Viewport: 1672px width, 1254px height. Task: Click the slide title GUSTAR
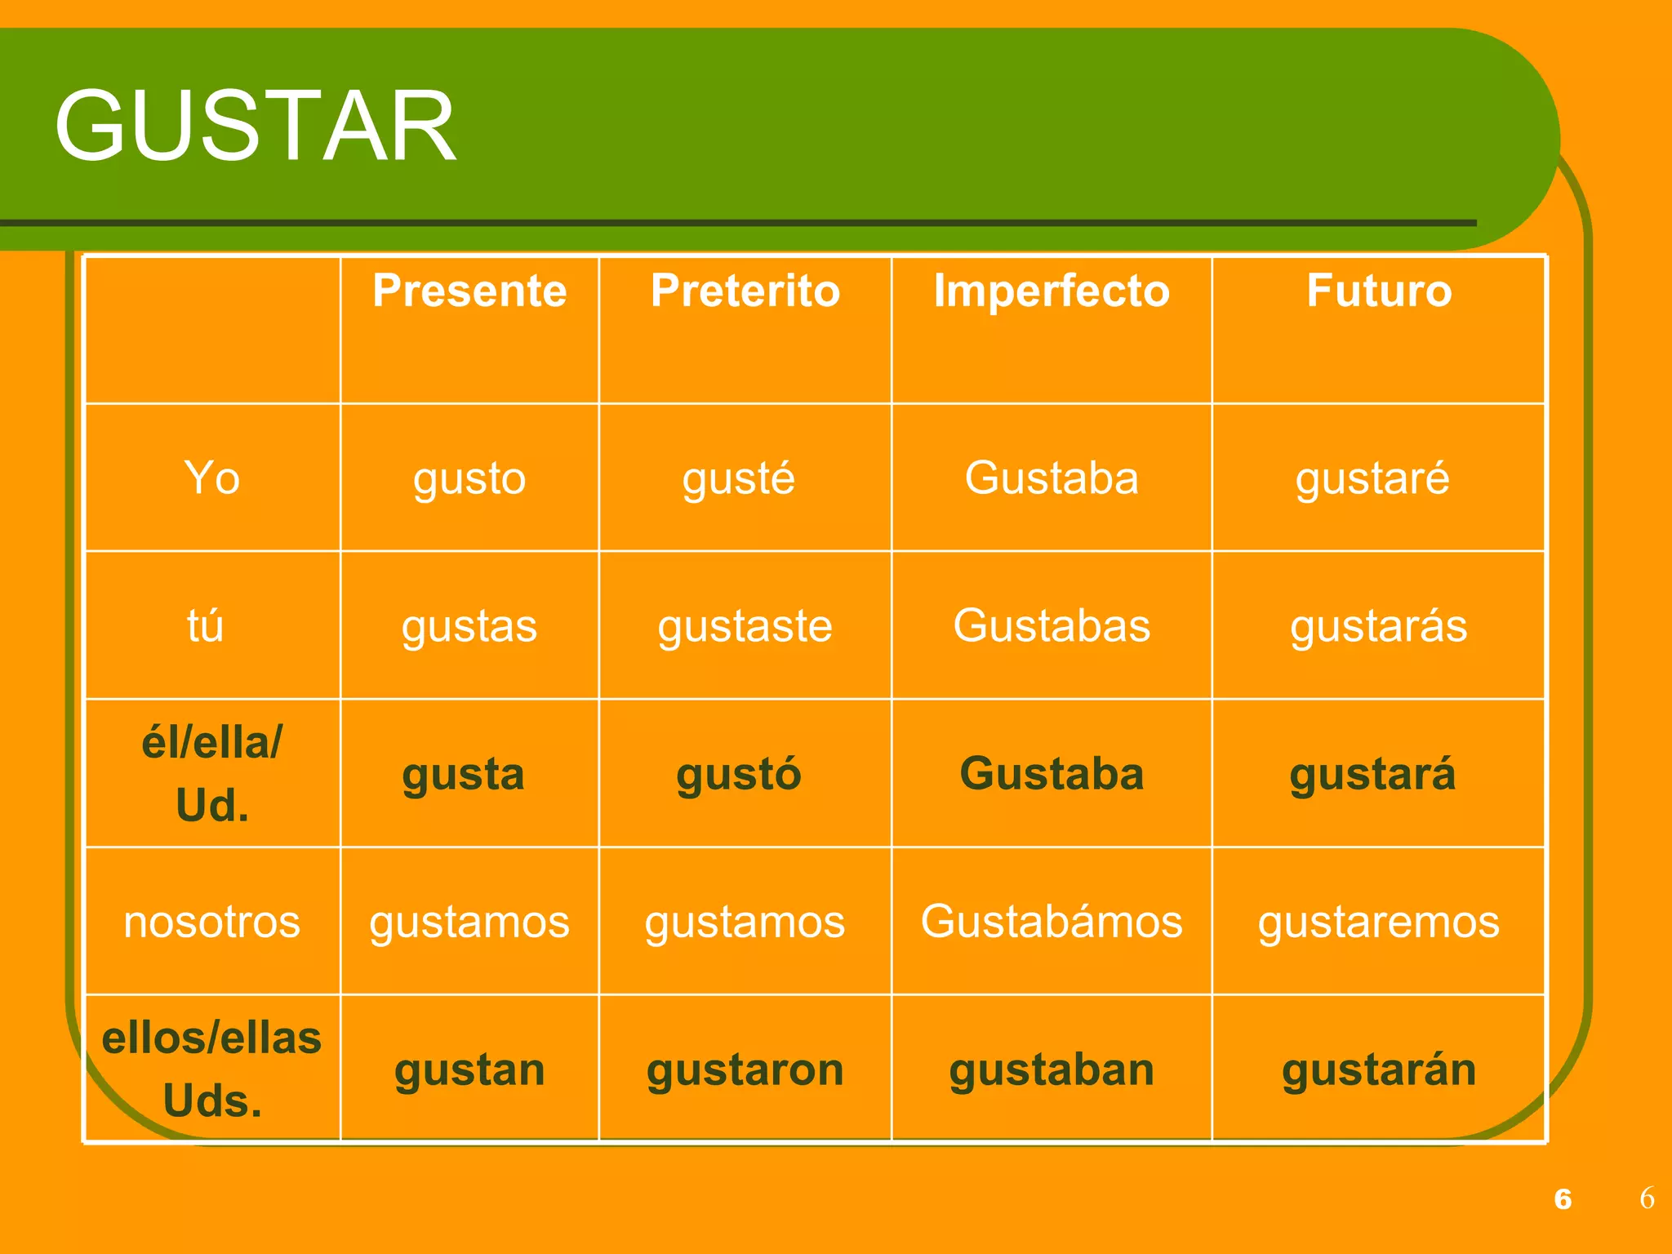[x=255, y=127]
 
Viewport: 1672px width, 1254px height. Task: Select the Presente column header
[x=469, y=291]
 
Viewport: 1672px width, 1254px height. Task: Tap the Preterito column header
[x=745, y=291]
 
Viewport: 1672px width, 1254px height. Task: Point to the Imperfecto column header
[x=1052, y=291]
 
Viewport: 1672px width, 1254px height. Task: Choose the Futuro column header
[x=1379, y=291]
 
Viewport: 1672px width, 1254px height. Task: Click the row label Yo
[x=211, y=478]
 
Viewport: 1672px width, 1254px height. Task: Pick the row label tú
[x=205, y=626]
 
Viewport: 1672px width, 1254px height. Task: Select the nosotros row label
[x=211, y=922]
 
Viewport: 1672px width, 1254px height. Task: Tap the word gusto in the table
[x=469, y=479]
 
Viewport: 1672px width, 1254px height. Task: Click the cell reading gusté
[x=739, y=479]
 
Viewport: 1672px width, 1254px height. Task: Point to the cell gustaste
[x=745, y=627]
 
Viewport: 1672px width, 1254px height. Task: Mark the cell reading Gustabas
[x=1052, y=626]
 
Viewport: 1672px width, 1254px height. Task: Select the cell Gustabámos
[x=1052, y=922]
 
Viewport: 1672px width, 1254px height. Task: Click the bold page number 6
[x=1563, y=1198]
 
